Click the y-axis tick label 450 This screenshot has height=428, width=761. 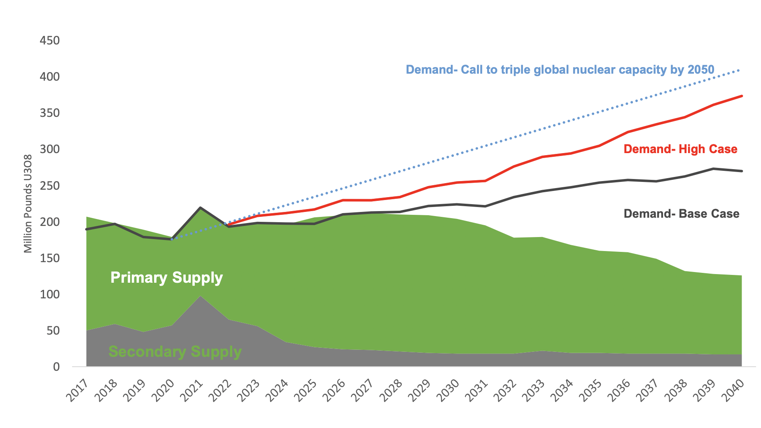pos(49,41)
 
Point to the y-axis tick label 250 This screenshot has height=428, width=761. pos(49,186)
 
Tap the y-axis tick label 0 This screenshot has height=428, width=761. pos(56,367)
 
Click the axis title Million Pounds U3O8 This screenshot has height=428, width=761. pos(28,204)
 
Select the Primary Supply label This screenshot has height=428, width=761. pos(166,278)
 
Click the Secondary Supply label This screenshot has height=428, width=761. pos(175,352)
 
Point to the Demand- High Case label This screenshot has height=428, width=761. pos(680,149)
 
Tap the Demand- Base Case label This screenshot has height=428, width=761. pos(681,214)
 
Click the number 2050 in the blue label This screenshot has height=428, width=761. pos(701,70)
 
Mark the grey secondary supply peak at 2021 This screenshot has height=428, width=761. pos(200,296)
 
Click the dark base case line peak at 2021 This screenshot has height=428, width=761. pos(200,208)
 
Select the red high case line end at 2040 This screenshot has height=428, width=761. pos(742,96)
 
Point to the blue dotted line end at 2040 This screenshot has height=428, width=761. pos(740,70)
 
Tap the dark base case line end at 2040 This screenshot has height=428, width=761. pos(742,171)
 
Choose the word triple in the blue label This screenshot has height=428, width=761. pos(515,70)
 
